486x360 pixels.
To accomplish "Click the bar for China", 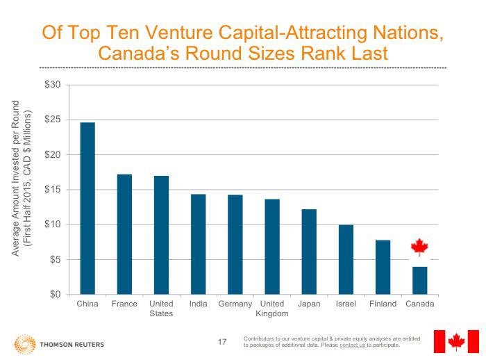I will point(87,208).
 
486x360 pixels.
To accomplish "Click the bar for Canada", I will point(419,281).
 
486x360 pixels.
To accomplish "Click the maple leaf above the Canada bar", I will point(419,247).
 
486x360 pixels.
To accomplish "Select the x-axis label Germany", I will point(235,304).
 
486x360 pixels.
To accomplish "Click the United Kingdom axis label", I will point(271,309).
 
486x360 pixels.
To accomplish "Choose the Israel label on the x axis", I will point(345,304).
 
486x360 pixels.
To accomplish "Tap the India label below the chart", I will point(198,304).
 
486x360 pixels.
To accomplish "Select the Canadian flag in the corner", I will point(455,341).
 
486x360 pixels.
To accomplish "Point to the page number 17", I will point(222,342).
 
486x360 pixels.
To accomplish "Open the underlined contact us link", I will point(353,345).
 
